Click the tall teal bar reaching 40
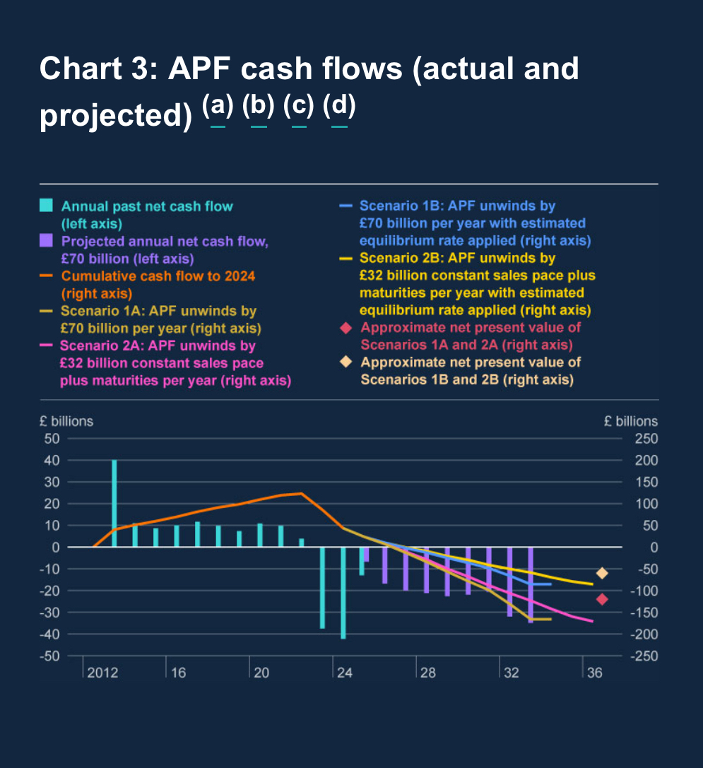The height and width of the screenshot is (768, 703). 114,503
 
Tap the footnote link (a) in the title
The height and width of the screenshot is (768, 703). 218,107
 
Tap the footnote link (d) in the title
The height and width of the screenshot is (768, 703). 339,107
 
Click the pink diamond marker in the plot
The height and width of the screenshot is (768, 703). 602,599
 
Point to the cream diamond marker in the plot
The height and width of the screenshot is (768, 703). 602,573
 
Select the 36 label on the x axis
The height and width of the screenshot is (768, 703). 595,673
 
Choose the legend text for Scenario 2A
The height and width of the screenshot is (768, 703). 175,363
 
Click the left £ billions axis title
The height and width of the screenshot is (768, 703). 66,421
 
